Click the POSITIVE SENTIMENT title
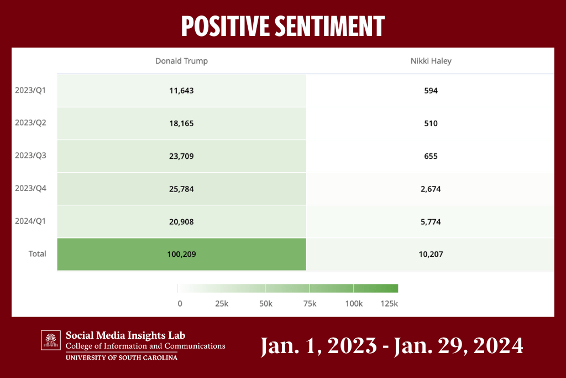[x=282, y=26]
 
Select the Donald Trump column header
[x=181, y=61]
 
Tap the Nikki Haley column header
[x=430, y=61]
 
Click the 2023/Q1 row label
[x=30, y=90]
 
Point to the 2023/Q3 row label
[x=30, y=156]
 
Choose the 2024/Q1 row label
[x=30, y=221]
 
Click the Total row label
[x=38, y=254]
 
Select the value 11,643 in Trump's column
[x=181, y=90]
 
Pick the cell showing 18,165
[x=181, y=123]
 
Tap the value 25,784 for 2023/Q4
[x=181, y=189]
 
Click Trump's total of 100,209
[x=181, y=255]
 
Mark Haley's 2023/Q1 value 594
[x=431, y=90]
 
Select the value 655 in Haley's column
[x=431, y=156]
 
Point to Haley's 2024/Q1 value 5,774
[x=431, y=222]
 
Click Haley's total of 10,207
[x=431, y=255]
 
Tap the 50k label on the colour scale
[x=265, y=304]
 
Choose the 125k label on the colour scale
[x=389, y=304]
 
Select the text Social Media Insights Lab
[x=125, y=335]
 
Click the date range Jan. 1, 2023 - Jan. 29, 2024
[x=392, y=346]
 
